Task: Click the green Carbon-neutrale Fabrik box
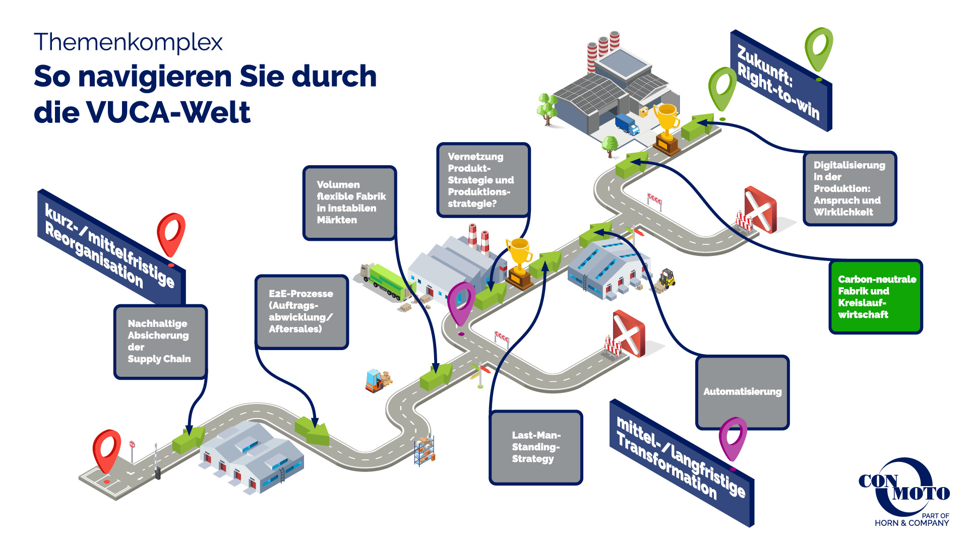[876, 297]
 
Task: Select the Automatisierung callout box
[742, 392]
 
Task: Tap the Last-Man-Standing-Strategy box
[535, 447]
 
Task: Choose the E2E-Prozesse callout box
[301, 312]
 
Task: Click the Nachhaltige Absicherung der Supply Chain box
[160, 342]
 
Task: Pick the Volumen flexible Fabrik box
[349, 202]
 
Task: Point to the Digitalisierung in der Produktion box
[850, 188]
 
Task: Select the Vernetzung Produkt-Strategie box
[483, 180]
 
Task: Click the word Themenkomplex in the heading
[128, 42]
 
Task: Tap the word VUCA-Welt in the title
[168, 112]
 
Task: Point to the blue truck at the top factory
[627, 124]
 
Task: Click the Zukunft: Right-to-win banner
[780, 81]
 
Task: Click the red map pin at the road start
[106, 450]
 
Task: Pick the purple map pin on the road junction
[461, 303]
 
